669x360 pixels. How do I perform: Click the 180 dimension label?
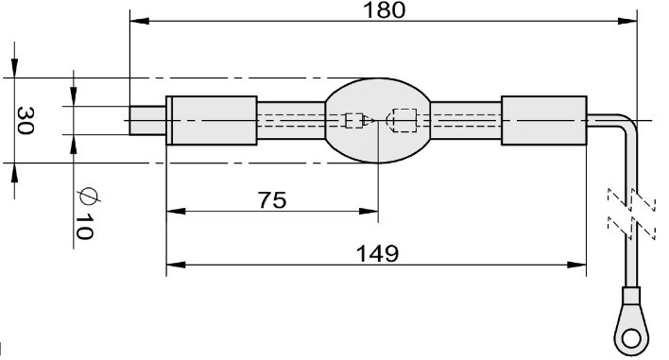coord(384,10)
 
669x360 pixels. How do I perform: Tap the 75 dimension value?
coord(273,200)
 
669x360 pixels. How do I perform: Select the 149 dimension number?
coord(378,253)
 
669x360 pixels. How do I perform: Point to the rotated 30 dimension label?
coord(26,121)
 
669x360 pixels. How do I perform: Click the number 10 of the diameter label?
coord(83,227)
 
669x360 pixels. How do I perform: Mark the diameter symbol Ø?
coord(88,196)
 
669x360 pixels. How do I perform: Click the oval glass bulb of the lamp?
coord(378,120)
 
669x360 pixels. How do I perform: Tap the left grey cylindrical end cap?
coord(212,121)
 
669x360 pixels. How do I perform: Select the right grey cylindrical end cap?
coord(544,121)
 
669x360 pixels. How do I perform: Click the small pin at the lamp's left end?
coord(147,121)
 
